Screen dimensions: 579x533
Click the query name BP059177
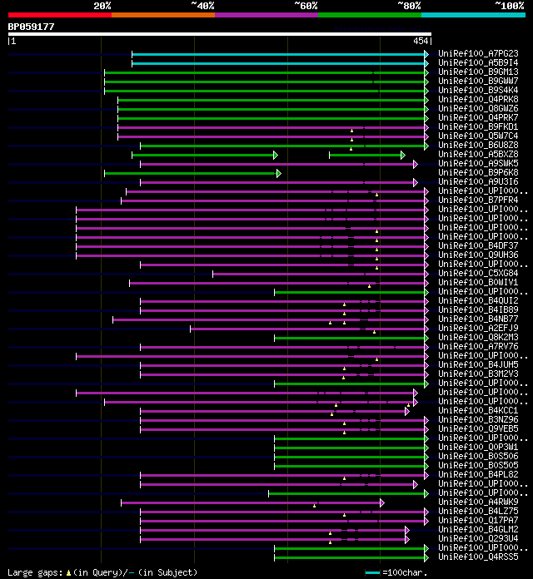point(32,27)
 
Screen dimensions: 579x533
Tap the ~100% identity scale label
point(508,6)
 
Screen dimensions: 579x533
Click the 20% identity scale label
point(102,6)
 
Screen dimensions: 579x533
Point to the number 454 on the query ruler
point(421,41)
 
